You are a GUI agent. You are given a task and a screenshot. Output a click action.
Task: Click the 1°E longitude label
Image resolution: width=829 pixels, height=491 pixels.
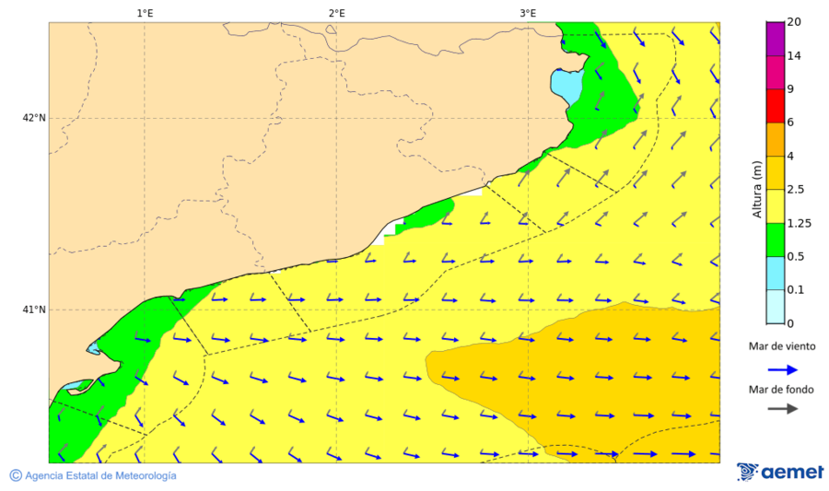(145, 13)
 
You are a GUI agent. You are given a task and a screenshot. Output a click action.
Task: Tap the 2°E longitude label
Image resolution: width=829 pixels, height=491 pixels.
(336, 13)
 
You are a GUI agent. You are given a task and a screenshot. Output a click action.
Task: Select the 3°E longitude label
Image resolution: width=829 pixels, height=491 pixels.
(528, 13)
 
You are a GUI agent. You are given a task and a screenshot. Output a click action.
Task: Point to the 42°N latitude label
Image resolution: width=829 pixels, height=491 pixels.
(34, 118)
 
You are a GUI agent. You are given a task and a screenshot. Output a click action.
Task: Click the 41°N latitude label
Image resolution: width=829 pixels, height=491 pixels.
(34, 310)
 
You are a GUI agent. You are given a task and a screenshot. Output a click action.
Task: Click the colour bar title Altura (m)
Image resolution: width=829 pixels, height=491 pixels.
(757, 189)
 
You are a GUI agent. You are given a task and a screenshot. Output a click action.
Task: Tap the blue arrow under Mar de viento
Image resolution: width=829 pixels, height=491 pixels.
(784, 369)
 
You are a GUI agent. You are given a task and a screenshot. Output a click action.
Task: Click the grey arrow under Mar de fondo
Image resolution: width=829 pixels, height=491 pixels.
(784, 409)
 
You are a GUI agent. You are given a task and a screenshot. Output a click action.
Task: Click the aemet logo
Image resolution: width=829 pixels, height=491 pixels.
(780, 472)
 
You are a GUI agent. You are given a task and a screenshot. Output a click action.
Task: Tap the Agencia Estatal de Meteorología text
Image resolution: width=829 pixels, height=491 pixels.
(100, 475)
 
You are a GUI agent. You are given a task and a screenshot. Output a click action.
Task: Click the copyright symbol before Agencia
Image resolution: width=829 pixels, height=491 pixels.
(15, 475)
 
